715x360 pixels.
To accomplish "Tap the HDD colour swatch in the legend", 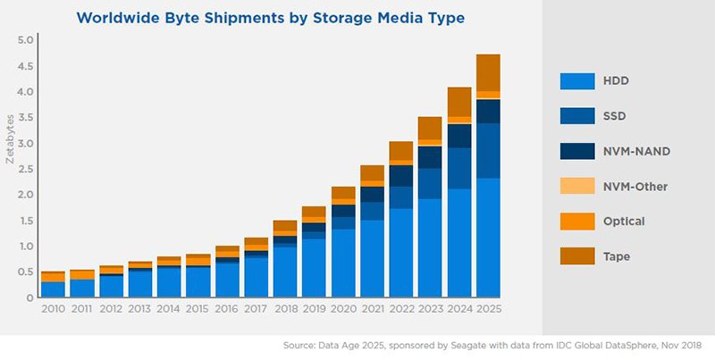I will click(577, 81).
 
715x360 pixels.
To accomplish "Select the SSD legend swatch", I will click(577, 116).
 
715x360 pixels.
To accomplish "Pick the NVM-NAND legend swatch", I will click(577, 151).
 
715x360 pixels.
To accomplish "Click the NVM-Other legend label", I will click(635, 186).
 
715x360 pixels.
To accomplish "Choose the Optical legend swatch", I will click(577, 221).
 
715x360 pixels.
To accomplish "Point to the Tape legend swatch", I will click(577, 255).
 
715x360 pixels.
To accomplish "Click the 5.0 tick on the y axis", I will click(24, 40).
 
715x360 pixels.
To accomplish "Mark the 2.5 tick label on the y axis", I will click(24, 169).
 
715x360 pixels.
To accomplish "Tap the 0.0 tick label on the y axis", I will click(24, 297).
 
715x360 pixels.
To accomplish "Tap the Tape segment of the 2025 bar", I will click(488, 72).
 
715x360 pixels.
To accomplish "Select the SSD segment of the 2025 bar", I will click(488, 150).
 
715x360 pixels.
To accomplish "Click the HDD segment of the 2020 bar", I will click(343, 263).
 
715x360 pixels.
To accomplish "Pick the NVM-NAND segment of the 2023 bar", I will click(430, 156).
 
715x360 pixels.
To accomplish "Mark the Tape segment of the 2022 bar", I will click(401, 150).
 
